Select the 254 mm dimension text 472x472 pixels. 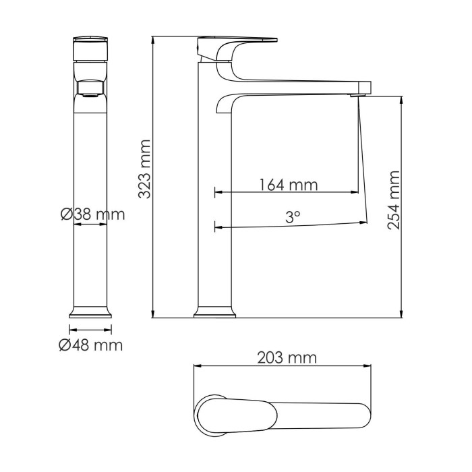[x=394, y=200]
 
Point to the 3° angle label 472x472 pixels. [x=292, y=216]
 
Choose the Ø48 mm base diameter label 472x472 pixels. [x=90, y=345]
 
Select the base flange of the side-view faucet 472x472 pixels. [x=214, y=312]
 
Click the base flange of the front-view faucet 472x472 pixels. [x=90, y=312]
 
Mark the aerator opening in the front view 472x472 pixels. [x=90, y=89]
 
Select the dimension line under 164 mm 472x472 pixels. [x=287, y=192]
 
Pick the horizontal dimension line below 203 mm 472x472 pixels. [x=283, y=367]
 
